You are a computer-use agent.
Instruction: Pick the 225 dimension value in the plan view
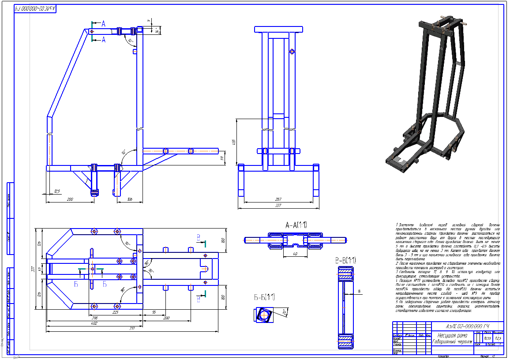tap(116, 312)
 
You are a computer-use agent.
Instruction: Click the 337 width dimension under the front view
tap(278, 205)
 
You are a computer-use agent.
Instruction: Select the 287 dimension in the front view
tap(278, 199)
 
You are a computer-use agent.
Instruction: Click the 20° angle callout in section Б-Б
tap(284, 312)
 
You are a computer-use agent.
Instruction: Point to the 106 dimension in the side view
tap(129, 199)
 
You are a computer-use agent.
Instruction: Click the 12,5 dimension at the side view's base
tap(57, 191)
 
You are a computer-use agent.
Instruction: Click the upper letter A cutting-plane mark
tap(103, 23)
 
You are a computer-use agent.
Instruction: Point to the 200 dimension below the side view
tap(70, 199)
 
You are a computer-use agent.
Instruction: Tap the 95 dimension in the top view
tap(153, 312)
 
